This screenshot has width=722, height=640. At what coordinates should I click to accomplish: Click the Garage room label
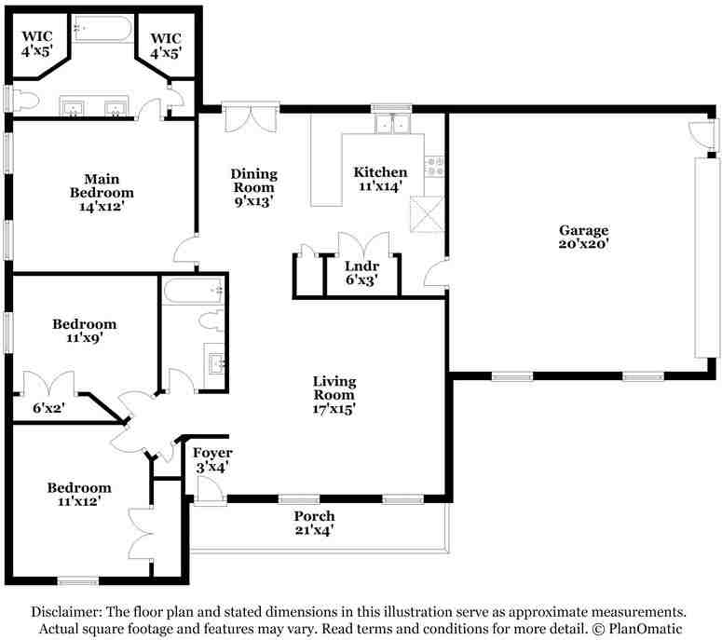584,237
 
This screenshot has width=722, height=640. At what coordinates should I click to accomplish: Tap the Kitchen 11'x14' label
380,179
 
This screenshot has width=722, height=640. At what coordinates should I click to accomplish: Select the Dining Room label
253,187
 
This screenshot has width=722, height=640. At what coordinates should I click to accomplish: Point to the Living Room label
334,395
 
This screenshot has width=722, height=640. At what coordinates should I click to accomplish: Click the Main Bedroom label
102,193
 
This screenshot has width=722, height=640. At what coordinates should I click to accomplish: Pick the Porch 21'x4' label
314,523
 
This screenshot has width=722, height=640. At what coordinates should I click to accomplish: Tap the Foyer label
212,460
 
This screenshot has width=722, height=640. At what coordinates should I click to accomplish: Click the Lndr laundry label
361,273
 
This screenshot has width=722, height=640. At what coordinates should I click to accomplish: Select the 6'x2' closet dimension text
48,407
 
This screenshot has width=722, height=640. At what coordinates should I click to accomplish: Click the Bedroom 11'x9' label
84,331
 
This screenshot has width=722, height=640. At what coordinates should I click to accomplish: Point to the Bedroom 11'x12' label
79,495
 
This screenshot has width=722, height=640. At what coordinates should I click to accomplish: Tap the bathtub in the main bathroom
103,29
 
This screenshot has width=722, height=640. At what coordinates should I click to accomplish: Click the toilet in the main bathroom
25,101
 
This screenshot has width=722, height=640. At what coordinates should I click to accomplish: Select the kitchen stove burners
434,167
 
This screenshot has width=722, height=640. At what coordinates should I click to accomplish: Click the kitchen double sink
392,123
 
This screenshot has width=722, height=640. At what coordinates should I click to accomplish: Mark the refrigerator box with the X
427,214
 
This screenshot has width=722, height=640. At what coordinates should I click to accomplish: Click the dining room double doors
251,117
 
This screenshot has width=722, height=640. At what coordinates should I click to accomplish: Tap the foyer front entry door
210,490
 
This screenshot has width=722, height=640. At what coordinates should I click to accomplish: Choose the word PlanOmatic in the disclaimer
645,629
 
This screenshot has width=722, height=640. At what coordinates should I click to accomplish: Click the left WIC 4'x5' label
37,44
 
